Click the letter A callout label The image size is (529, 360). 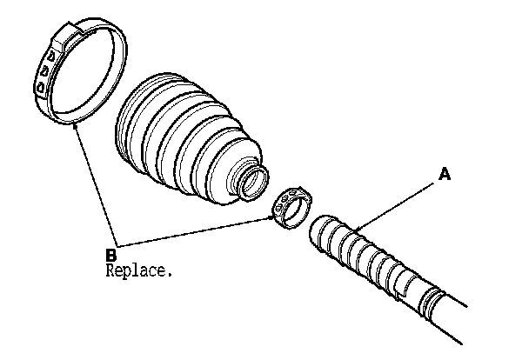pyautogui.click(x=445, y=175)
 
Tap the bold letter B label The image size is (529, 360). pyautogui.click(x=110, y=254)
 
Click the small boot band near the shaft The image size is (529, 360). pyautogui.click(x=292, y=210)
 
